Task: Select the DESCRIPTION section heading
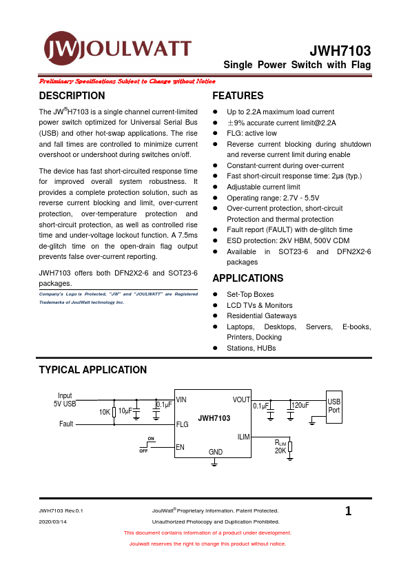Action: (72, 96)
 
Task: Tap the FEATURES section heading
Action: (238, 96)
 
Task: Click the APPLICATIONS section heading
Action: (247, 278)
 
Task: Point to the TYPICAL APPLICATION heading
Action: (93, 370)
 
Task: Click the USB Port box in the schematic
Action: (334, 406)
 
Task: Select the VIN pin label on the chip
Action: (181, 400)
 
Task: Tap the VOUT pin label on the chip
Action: (241, 400)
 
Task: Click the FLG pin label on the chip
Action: (182, 424)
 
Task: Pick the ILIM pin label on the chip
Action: (243, 437)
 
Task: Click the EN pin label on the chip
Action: (180, 447)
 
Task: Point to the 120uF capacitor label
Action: (300, 405)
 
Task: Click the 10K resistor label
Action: (104, 412)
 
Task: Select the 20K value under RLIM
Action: (280, 450)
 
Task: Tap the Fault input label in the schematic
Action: (66, 424)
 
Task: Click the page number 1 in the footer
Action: (348, 511)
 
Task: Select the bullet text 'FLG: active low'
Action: (252, 133)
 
